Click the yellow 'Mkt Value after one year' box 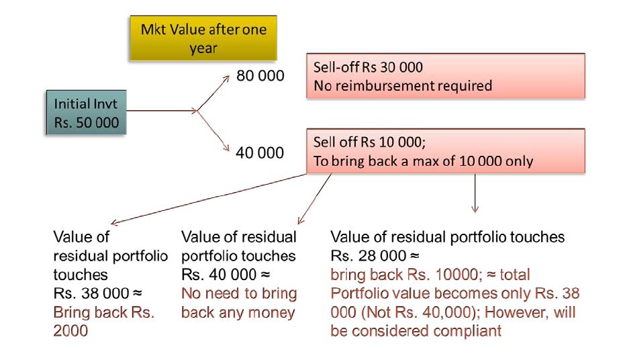[203, 39]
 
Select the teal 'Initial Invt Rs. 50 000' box [87, 114]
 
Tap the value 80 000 [260, 76]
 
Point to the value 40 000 [260, 153]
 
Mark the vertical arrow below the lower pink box [475, 195]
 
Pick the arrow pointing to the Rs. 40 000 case [315, 198]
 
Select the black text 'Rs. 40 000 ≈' [225, 275]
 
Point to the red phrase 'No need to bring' [239, 294]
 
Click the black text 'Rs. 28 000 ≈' [375, 256]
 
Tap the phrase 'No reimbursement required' [403, 86]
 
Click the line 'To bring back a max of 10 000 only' [423, 161]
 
